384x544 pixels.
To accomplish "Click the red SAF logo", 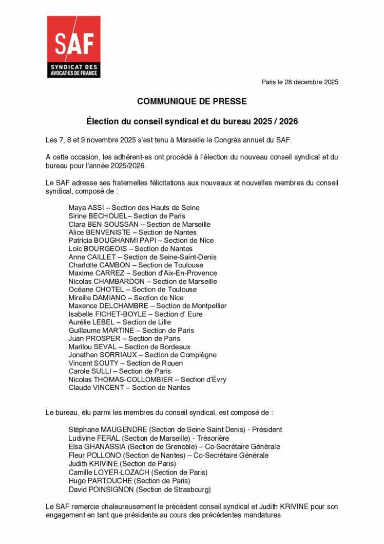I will [73, 47].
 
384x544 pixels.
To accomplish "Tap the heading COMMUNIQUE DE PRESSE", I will [191, 102].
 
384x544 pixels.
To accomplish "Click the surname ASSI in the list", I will [98, 208].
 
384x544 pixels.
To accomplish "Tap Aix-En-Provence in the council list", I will [188, 273].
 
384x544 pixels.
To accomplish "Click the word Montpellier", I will [207, 306].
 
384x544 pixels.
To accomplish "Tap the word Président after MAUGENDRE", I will [266, 430].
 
